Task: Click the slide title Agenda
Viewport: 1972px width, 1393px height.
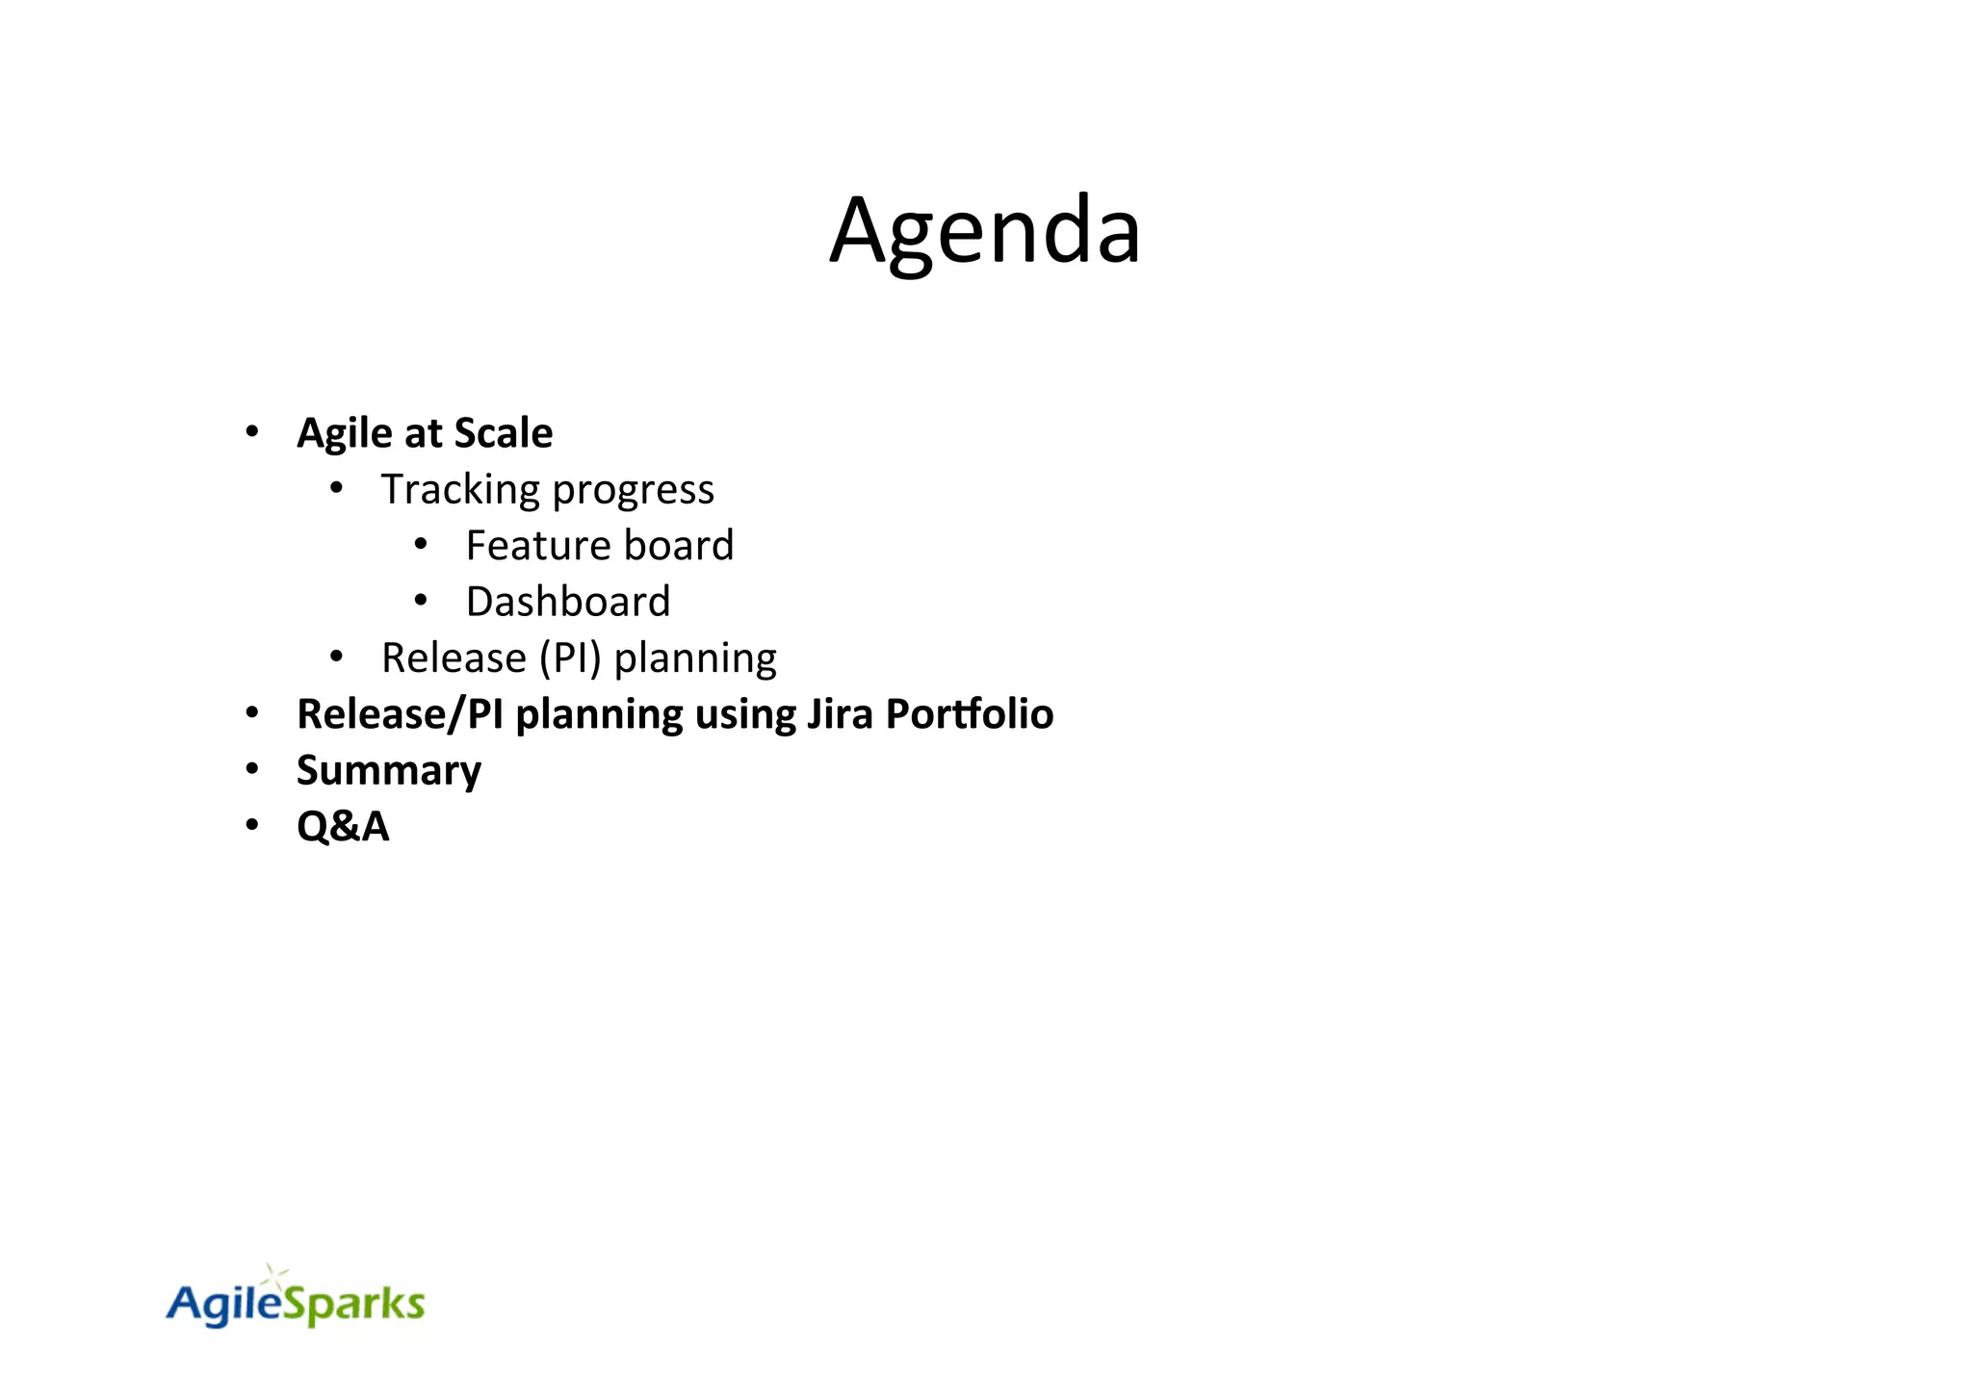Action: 985,231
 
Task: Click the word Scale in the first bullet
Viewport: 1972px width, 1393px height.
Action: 503,433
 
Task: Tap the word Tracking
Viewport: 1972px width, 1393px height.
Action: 461,490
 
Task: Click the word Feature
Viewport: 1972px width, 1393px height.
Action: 525,546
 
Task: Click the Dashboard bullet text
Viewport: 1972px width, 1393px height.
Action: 567,602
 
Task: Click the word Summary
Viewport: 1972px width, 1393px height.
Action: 388,771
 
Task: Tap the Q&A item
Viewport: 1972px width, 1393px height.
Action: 342,827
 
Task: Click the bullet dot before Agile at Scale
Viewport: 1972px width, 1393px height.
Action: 252,432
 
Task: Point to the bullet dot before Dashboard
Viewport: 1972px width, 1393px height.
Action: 421,601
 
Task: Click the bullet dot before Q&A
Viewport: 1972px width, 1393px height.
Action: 252,826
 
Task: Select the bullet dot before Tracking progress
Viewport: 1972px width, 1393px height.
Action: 336,488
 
